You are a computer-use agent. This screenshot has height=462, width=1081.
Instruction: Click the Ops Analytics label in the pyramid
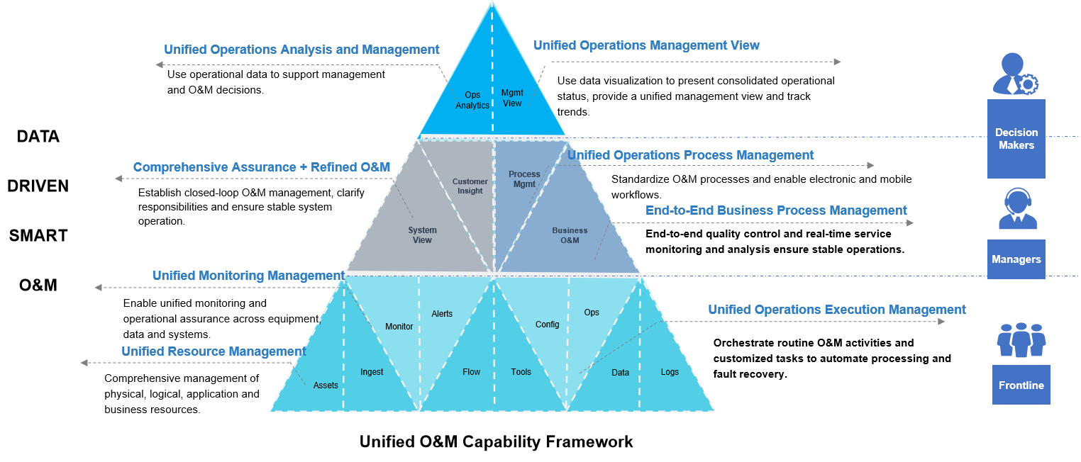(472, 101)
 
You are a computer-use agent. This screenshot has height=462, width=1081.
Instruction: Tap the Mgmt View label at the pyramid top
(512, 98)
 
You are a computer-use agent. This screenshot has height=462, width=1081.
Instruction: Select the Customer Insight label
(470, 186)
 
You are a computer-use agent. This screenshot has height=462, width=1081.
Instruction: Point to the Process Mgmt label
(524, 179)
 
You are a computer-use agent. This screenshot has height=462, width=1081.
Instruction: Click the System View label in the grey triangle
(422, 235)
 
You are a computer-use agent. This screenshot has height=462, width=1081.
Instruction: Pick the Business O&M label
(570, 235)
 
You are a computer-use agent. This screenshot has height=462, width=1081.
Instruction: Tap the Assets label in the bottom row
(326, 385)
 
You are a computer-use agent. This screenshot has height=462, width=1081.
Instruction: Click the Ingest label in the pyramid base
(372, 372)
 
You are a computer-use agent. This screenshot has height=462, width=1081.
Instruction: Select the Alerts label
(442, 314)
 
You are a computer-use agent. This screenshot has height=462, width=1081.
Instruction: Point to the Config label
(548, 325)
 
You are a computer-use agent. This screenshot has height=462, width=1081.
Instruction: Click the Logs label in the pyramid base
(670, 372)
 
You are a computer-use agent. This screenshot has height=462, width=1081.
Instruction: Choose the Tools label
(521, 372)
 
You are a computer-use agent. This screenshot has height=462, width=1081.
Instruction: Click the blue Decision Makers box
(1016, 139)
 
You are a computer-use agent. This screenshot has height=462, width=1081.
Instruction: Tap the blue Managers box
(1016, 259)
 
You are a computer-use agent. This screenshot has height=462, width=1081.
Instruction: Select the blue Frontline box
(1021, 385)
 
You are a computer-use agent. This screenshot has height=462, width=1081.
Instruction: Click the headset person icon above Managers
(1017, 208)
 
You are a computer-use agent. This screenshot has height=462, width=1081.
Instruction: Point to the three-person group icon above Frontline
(1021, 340)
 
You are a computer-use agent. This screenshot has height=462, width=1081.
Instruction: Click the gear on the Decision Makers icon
(1027, 84)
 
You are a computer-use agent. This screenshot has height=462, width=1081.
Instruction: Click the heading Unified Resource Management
(214, 351)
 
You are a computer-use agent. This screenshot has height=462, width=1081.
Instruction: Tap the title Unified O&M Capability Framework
(496, 441)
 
